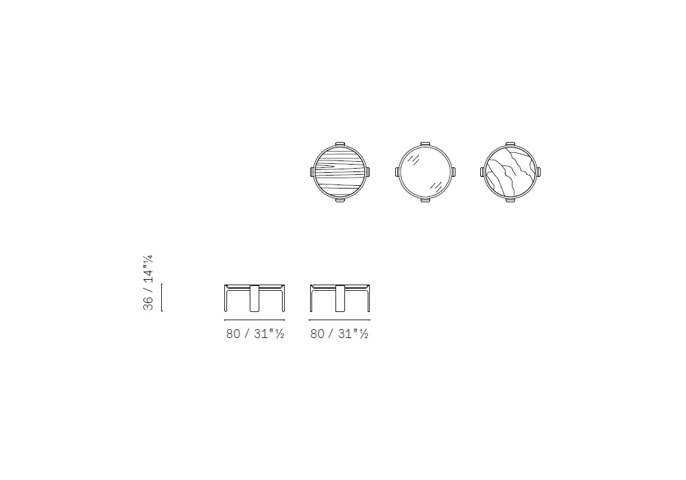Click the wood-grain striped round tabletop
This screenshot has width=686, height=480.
(x=340, y=172)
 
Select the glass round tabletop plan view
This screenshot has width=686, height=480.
(x=425, y=172)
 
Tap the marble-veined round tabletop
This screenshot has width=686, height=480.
(x=510, y=172)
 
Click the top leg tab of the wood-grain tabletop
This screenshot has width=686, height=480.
(x=340, y=144)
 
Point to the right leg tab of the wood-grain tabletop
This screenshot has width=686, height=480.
(x=368, y=172)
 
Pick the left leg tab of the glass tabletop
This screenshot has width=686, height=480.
(x=397, y=172)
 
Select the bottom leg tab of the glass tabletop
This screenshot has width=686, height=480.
(x=425, y=200)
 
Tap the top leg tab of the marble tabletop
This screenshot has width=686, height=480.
(x=510, y=144)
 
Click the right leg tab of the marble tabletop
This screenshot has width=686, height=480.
(x=538, y=172)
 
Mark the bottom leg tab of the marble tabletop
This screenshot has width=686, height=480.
(x=510, y=200)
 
